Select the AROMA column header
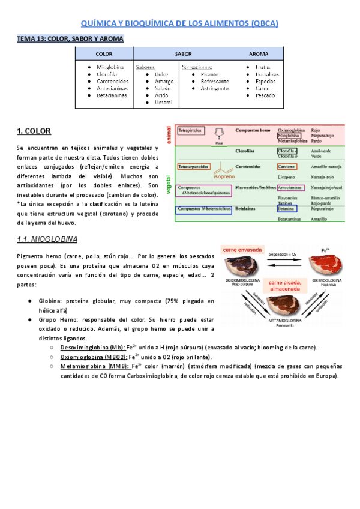click(259, 54)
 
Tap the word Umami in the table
click(163, 103)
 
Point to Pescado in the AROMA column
click(265, 95)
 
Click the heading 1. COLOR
click(34, 131)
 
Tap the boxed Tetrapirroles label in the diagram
click(190, 130)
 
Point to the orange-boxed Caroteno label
click(289, 166)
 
